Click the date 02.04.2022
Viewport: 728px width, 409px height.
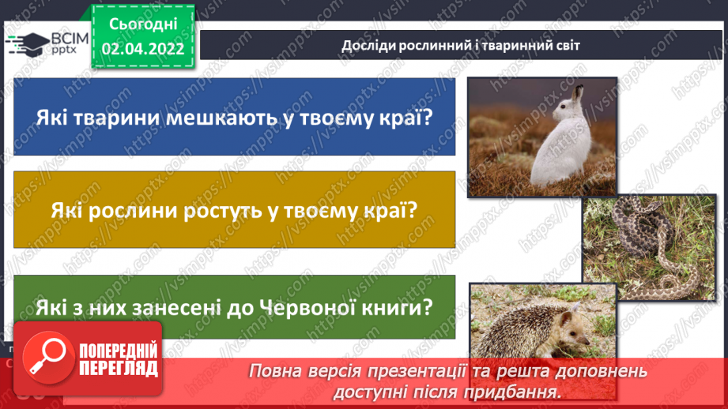click(143, 49)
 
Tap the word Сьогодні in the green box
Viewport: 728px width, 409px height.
click(143, 24)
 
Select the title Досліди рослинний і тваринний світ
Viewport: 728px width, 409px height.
click(461, 45)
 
